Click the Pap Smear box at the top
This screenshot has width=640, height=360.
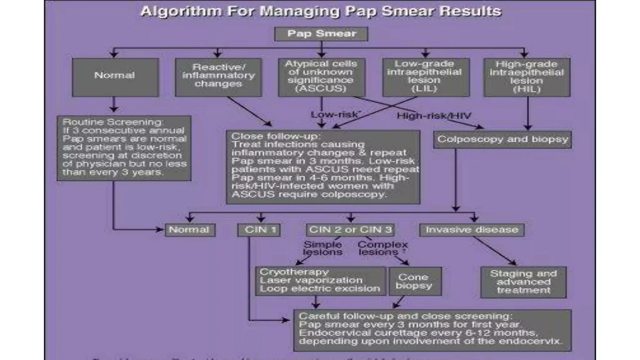321,34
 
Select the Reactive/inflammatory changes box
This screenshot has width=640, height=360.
218,77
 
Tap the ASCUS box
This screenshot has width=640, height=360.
321,77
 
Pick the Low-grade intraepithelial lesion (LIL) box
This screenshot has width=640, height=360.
426,77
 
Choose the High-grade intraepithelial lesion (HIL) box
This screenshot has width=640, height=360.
527,77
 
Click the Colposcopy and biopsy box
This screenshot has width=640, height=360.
502,139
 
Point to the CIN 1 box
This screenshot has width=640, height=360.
259,230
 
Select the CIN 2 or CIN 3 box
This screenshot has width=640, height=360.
350,230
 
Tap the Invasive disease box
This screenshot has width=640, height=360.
472,230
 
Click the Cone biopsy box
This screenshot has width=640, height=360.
415,281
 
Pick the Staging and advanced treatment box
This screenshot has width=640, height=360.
523,282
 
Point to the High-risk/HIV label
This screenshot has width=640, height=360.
434,116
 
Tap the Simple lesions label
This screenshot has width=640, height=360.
322,248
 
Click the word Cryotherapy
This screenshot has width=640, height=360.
294,272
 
